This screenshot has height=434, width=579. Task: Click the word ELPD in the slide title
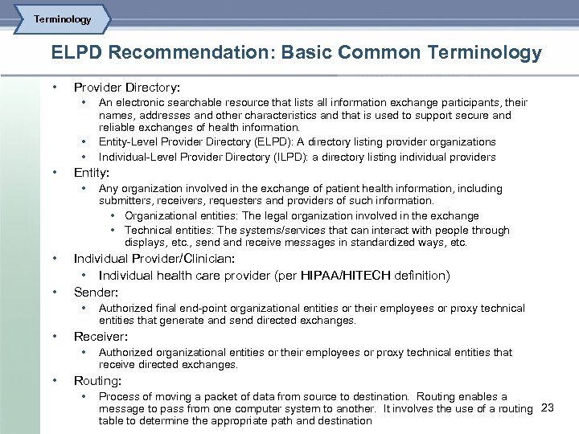(77, 54)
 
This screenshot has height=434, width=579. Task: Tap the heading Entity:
(92, 172)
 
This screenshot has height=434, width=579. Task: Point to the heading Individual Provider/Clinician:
(154, 259)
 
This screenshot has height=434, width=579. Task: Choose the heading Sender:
(96, 292)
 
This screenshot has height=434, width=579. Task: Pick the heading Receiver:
(101, 336)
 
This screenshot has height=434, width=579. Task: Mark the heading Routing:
(97, 380)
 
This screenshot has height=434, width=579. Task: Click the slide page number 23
(548, 407)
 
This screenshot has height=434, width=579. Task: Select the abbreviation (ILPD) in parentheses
(322, 158)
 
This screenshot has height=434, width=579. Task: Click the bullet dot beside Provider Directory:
(54, 86)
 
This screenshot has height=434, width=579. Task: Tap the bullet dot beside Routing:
(54, 380)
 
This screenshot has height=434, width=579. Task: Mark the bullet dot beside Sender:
(54, 292)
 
